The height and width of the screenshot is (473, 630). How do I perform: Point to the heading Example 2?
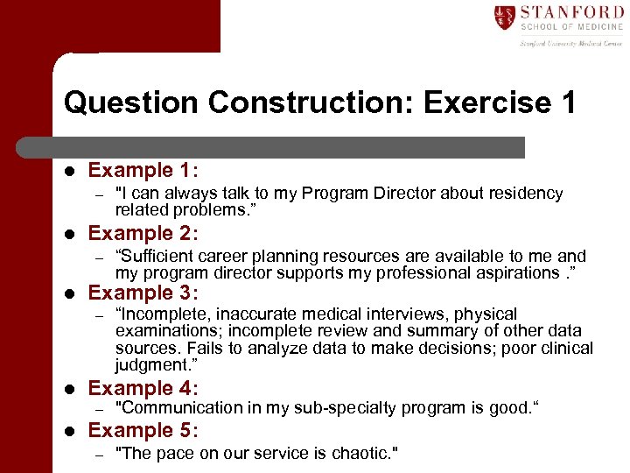click(x=143, y=233)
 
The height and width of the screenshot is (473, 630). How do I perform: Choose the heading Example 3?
click(x=143, y=293)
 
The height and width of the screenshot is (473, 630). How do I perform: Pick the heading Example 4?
click(x=143, y=388)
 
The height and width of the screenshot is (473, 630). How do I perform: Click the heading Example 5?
click(x=143, y=430)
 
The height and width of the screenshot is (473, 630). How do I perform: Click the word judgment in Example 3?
click(x=153, y=365)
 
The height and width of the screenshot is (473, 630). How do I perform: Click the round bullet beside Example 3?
click(x=69, y=293)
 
